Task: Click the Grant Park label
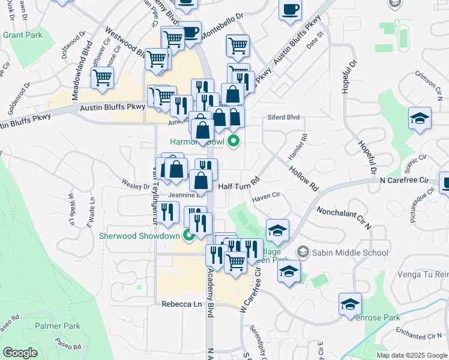pos(22,35)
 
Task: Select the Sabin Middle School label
pos(350,253)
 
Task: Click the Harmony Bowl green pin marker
pos(234,142)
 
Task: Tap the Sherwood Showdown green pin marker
pos(188,236)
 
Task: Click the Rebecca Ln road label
pos(181,304)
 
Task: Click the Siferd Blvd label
pos(283,118)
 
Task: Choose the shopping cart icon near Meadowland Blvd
pos(102,77)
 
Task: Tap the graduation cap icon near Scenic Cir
pos(420,118)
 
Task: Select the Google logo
pos(20,353)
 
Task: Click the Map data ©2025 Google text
pos(412,355)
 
